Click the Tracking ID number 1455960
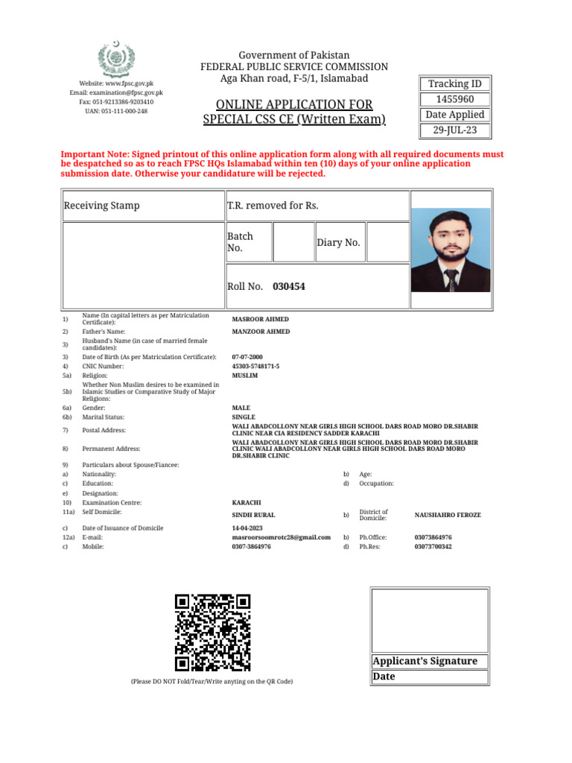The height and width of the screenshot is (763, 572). click(455, 99)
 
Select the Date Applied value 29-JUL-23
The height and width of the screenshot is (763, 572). click(455, 130)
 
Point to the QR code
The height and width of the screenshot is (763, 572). click(212, 633)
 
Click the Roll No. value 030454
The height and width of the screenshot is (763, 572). click(289, 286)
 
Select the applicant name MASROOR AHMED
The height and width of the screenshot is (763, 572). click(260, 319)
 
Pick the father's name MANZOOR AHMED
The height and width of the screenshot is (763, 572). click(261, 332)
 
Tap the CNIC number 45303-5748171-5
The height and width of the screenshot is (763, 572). click(256, 367)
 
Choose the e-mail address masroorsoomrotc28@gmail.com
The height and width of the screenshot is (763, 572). click(282, 536)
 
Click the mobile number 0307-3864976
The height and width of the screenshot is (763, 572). click(252, 546)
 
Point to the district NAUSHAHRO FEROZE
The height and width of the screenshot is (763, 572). click(448, 515)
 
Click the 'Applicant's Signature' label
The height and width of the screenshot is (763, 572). click(425, 661)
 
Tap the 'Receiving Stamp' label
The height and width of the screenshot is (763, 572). click(102, 205)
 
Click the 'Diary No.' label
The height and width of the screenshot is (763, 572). click(339, 242)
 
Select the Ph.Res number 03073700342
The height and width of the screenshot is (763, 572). click(433, 546)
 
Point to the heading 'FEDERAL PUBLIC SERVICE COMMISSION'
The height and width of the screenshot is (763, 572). click(294, 67)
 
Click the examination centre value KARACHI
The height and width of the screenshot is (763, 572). click(247, 503)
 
